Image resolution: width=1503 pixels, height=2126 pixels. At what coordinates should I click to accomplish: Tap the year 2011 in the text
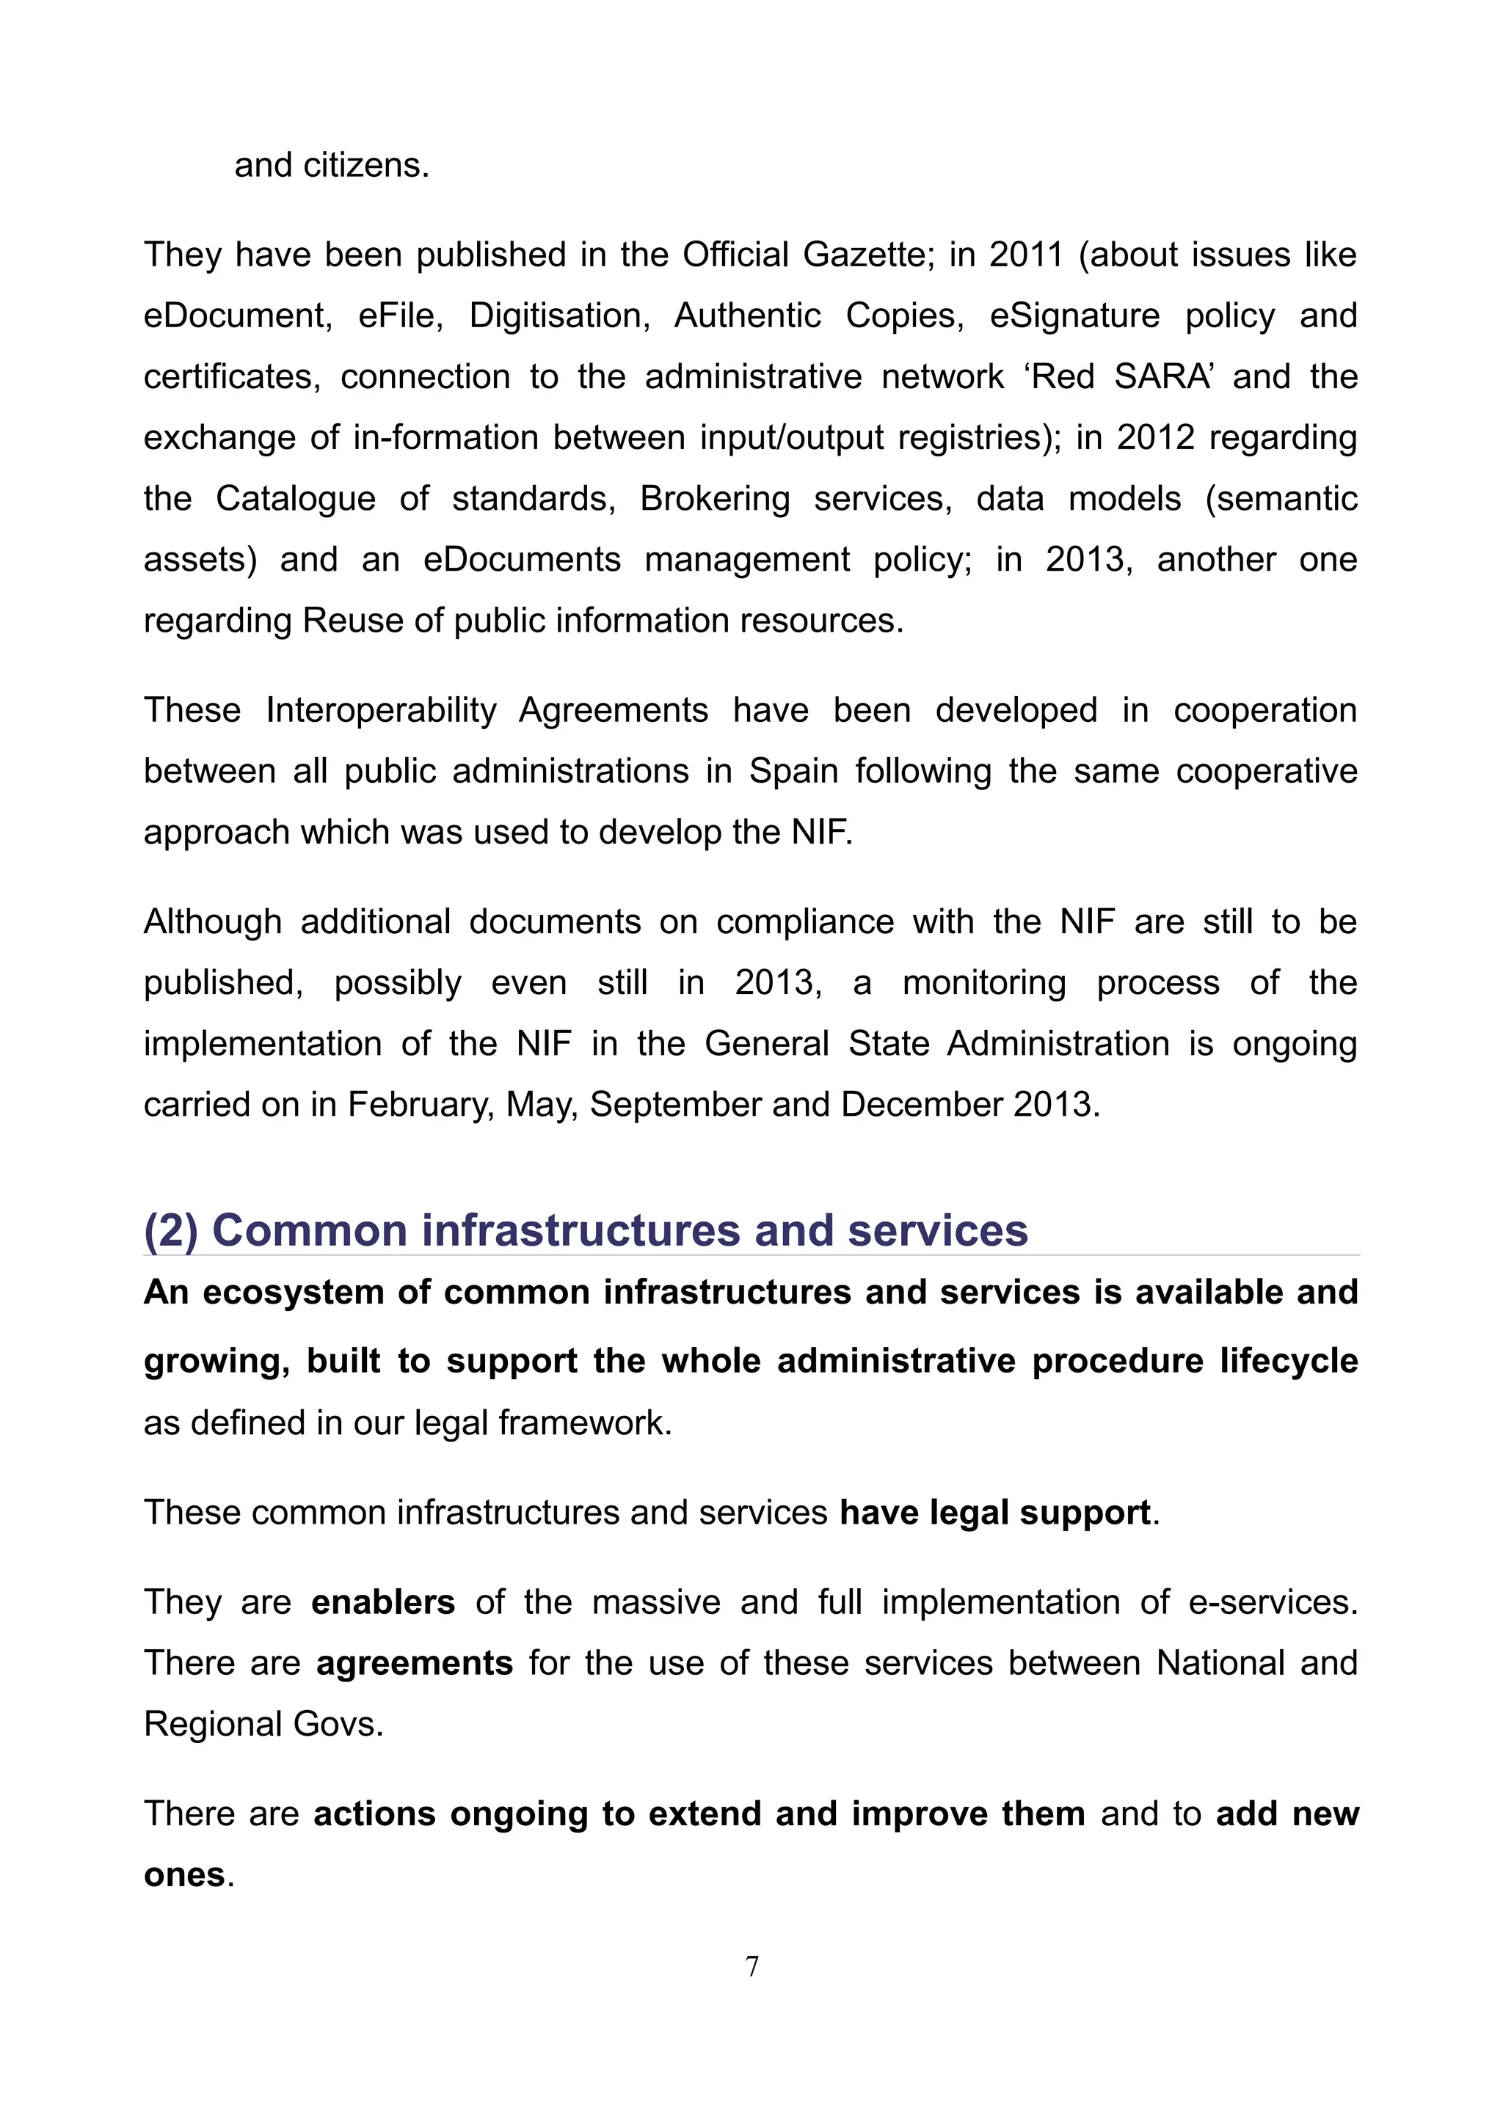pos(1025,255)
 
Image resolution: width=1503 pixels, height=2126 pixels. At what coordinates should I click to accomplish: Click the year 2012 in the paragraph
pos(1155,437)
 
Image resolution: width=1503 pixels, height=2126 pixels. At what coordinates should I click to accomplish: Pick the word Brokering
pos(715,498)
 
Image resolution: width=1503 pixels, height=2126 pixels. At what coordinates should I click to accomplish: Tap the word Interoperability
pos(382,710)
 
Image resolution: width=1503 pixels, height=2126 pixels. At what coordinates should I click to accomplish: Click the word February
pos(421,1105)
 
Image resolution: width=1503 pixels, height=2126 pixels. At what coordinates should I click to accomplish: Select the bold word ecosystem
pos(293,1293)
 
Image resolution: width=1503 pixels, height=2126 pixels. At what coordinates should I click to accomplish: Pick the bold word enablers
pos(382,1603)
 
